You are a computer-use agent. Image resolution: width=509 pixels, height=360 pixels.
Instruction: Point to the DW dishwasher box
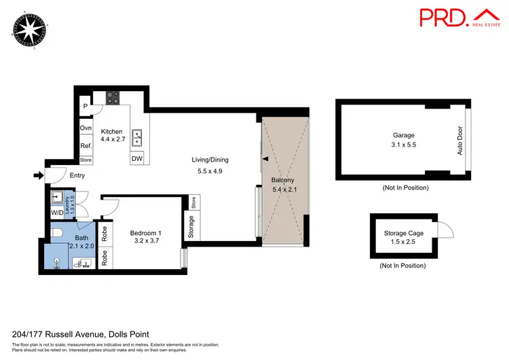click(138, 159)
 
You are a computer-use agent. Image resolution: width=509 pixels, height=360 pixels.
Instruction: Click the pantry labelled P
click(86, 107)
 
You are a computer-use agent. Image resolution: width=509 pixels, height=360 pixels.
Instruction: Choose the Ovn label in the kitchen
click(86, 128)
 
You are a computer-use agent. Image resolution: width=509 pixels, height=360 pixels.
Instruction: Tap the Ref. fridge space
click(86, 145)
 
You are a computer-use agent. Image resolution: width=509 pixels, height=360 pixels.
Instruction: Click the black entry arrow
click(37, 176)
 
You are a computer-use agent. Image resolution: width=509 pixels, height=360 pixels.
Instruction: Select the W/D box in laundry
click(56, 213)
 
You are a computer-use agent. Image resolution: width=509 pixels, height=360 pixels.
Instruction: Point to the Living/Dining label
click(210, 160)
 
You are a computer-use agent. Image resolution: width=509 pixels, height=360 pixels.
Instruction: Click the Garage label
click(403, 135)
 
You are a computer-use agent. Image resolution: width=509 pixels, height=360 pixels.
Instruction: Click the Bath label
click(81, 238)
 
